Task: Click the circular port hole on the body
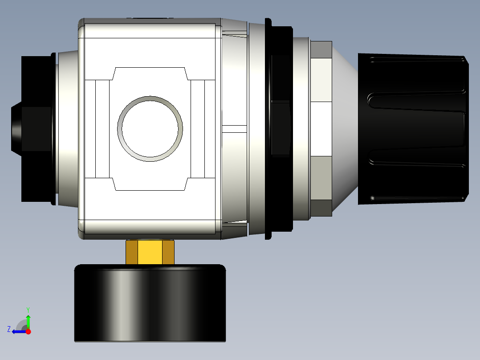(x=150, y=128)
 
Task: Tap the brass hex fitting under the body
(x=150, y=253)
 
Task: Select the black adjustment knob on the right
(x=412, y=129)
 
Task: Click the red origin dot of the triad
(x=28, y=331)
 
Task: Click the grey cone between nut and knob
(x=345, y=129)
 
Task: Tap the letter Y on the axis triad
(x=28, y=309)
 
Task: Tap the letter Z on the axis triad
(x=9, y=329)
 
